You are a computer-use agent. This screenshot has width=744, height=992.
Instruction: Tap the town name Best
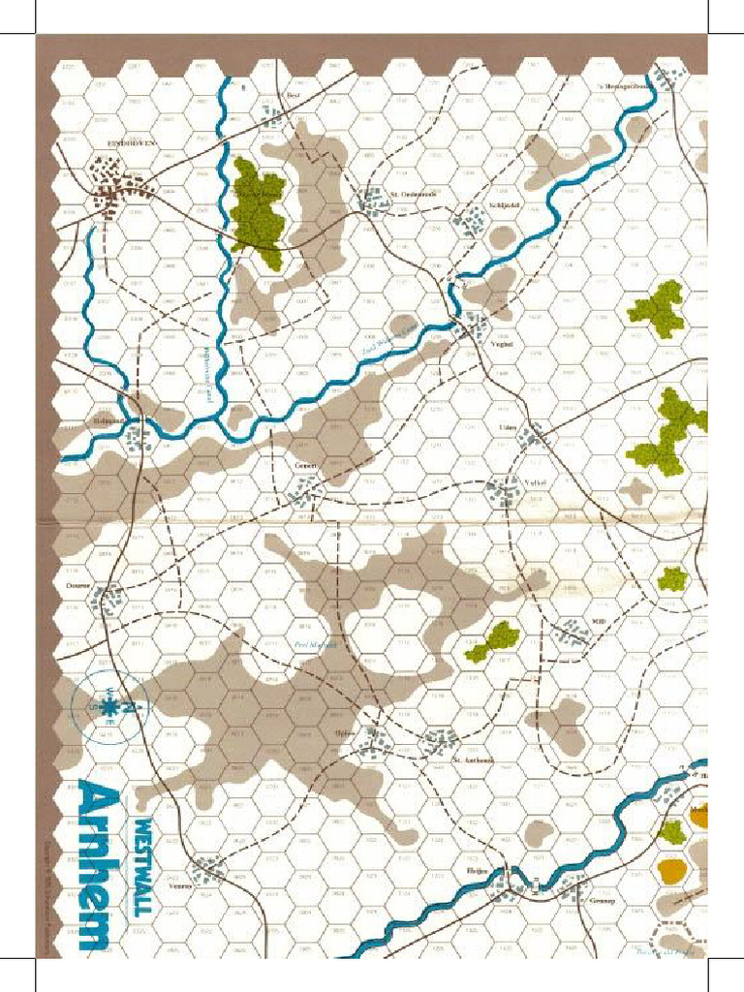[294, 96]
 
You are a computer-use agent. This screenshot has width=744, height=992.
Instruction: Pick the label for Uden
[507, 427]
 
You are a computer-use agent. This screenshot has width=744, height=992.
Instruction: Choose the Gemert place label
[307, 465]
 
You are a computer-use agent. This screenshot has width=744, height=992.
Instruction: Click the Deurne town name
[78, 585]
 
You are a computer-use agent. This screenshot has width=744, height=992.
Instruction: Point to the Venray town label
[180, 884]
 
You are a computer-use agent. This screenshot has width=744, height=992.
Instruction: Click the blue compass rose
[108, 708]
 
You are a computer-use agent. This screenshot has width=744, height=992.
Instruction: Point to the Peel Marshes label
[314, 643]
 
